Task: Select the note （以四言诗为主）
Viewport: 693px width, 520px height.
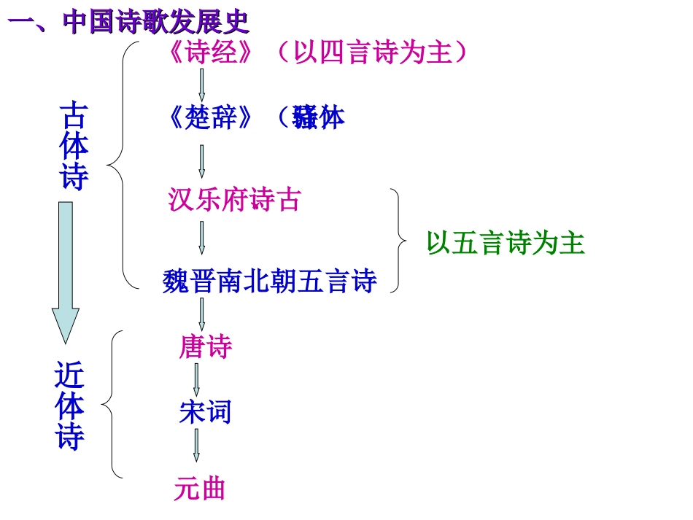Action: coord(372,53)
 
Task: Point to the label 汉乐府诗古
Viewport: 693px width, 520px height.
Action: coord(233,199)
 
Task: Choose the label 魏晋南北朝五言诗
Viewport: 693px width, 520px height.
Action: coord(269,281)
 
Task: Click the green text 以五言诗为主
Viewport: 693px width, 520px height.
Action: coord(506,244)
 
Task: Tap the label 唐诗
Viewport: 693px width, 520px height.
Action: coord(205,347)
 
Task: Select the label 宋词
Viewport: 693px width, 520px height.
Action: coord(205,413)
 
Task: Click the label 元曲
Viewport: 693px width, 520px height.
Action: coord(199,488)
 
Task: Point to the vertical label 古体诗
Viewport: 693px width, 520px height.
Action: coord(74,146)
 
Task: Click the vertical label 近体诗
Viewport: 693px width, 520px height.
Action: coord(70,406)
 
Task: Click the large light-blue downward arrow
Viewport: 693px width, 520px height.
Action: coord(66,270)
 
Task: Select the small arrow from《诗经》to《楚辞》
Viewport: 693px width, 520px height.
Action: coord(202,85)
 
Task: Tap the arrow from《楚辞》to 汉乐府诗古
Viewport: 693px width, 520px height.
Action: coord(202,158)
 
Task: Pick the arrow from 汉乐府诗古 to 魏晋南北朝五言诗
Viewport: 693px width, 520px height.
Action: coord(202,238)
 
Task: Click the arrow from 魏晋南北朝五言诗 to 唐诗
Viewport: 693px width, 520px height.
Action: coord(202,313)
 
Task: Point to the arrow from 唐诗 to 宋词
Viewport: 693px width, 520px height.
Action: coord(196,379)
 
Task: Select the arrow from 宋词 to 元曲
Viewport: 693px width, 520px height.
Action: coord(196,445)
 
